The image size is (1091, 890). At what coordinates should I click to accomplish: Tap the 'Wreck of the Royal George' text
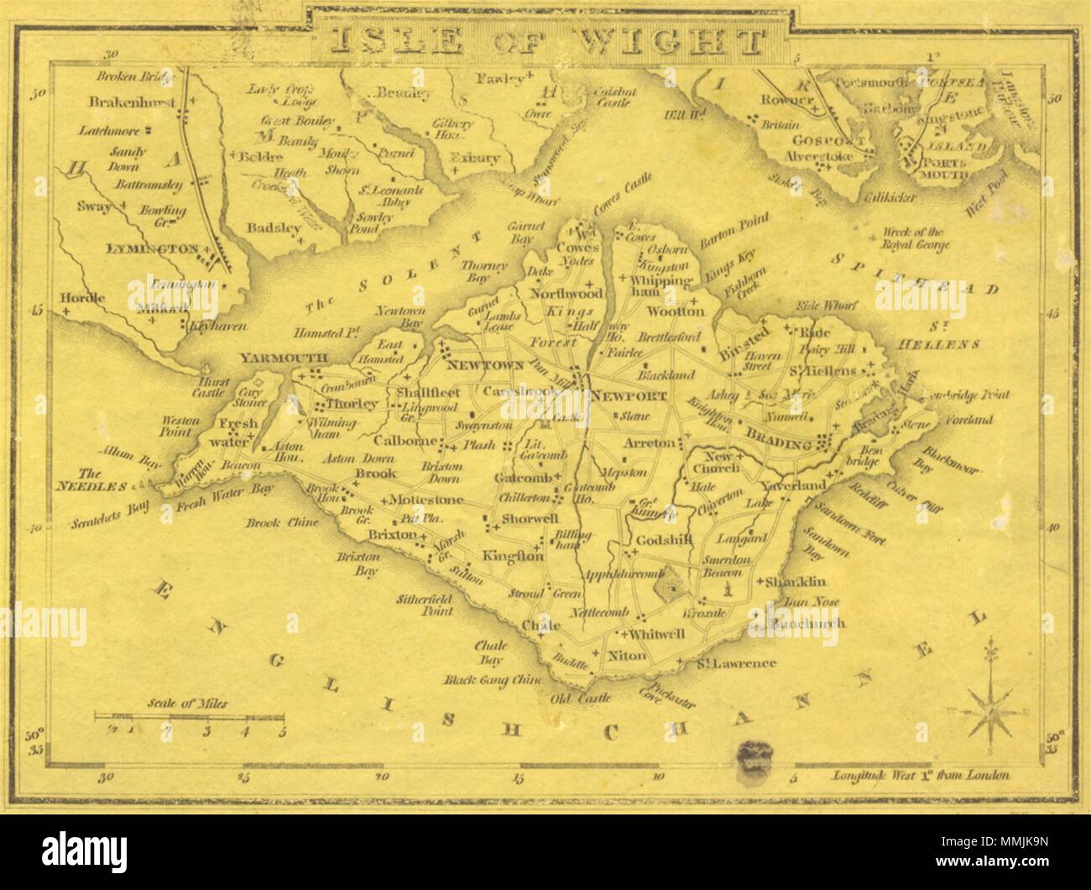[x=911, y=239]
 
